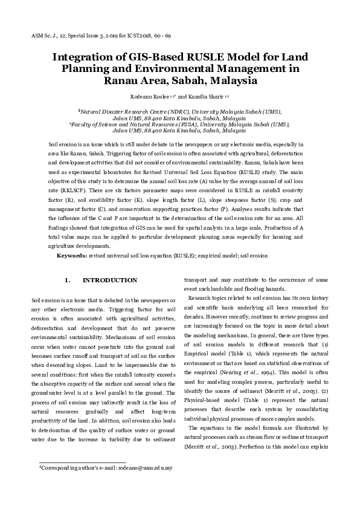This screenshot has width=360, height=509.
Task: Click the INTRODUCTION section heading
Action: pyautogui.click(x=110, y=280)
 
